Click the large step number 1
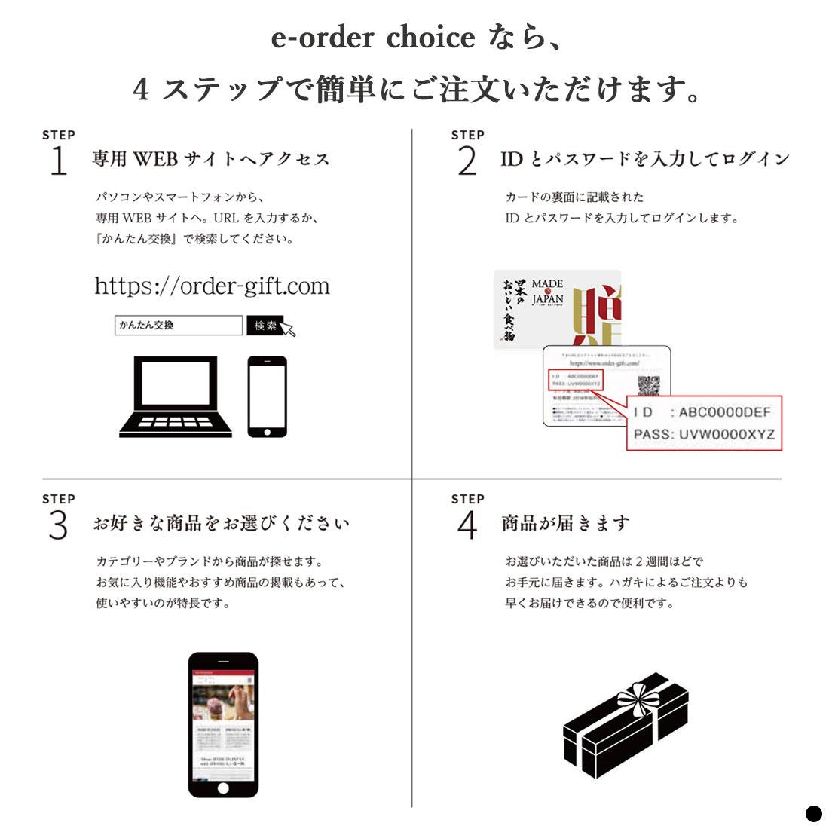click(58, 160)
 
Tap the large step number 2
click(467, 160)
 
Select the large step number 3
click(58, 525)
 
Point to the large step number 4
click(467, 525)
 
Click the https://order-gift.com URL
click(212, 286)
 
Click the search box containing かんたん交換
click(179, 326)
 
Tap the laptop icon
click(176, 397)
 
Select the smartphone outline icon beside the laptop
click(268, 396)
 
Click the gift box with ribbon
click(626, 725)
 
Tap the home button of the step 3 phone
click(223, 788)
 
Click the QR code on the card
click(649, 385)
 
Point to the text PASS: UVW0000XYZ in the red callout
click(704, 434)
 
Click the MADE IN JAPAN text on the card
click(547, 292)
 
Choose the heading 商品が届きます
click(565, 523)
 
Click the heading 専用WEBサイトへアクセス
click(211, 159)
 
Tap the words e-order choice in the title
click(373, 38)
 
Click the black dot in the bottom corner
click(814, 814)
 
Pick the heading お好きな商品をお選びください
click(222, 523)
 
